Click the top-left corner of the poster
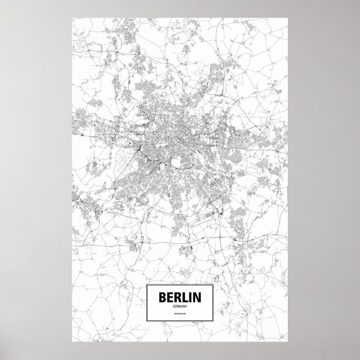(72, 17)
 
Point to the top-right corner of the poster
(288, 17)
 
